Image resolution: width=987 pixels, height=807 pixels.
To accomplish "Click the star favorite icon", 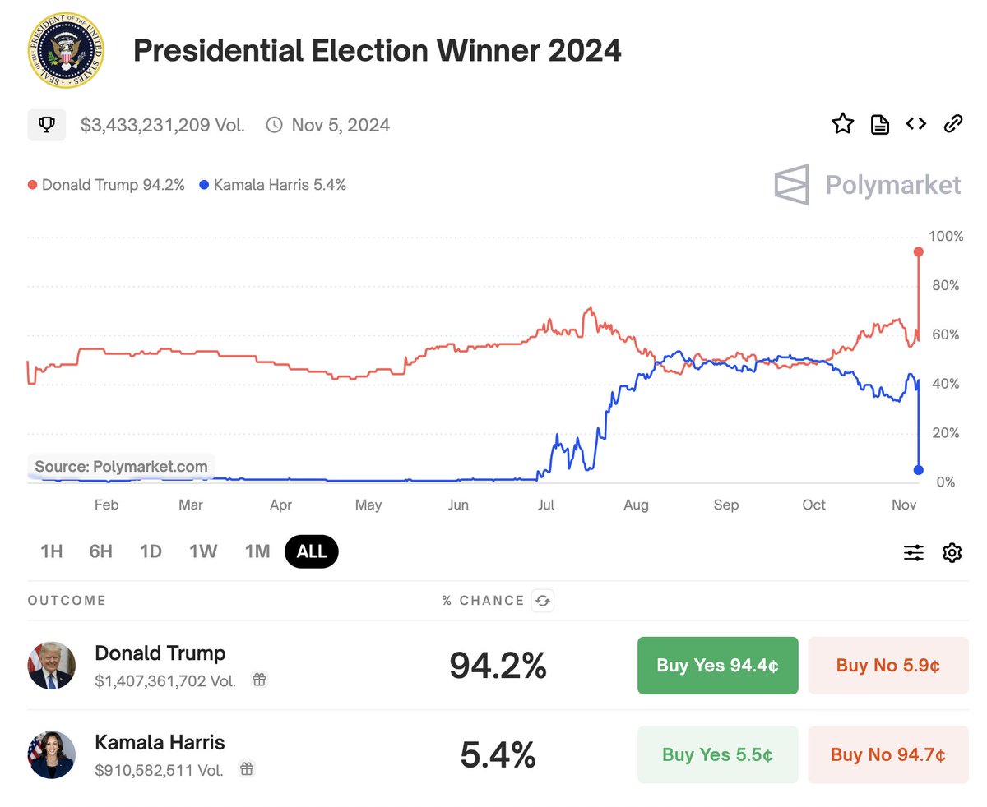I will [842, 124].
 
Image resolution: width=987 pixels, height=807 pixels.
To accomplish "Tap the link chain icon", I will [952, 124].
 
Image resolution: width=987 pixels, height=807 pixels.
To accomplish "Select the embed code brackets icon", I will [915, 124].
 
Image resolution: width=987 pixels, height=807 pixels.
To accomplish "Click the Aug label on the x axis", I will [636, 505].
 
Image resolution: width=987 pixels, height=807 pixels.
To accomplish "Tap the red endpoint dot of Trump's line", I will [919, 251].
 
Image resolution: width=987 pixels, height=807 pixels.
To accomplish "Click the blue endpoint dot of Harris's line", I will [918, 470].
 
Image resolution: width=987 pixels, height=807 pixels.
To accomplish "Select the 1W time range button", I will [203, 551].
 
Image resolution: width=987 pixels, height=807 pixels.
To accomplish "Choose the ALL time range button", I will [311, 551].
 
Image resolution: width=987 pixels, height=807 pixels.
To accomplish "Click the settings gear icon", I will [952, 552].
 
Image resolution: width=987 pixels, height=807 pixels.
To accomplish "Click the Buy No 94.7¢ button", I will [887, 754].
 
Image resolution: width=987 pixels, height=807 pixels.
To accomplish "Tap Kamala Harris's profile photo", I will [51, 754].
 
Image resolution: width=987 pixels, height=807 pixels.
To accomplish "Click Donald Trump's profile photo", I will [51, 665].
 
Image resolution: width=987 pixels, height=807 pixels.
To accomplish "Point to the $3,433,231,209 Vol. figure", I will [162, 125].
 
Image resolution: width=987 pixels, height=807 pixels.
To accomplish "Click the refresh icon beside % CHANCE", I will [542, 601].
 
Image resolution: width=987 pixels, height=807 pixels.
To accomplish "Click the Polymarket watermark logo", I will [868, 185].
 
